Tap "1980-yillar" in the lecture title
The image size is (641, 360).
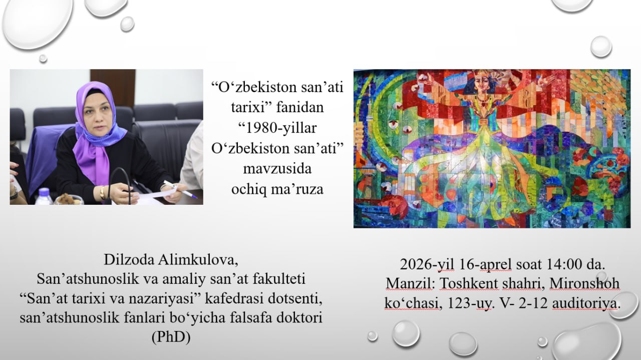point(278,128)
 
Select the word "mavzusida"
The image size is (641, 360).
point(277,169)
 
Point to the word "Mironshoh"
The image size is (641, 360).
point(584,283)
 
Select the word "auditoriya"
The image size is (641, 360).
point(586,303)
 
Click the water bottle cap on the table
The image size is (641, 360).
point(44,191)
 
